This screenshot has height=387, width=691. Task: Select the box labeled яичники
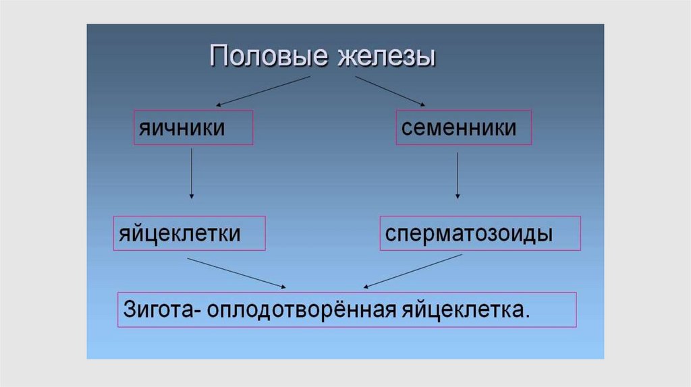(x=193, y=127)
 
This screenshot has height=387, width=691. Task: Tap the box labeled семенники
(x=463, y=127)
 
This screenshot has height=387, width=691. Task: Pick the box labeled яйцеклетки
(x=189, y=233)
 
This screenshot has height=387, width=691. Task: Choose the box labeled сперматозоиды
(x=480, y=233)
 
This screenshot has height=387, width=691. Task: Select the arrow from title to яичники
(x=263, y=90)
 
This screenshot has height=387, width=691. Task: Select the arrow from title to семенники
(x=390, y=90)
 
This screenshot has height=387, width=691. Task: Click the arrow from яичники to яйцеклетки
(x=192, y=173)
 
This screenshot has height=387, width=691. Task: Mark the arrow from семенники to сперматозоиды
(x=458, y=175)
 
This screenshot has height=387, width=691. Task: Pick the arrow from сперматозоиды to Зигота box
(x=413, y=270)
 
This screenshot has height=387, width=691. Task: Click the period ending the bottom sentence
(x=527, y=315)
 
